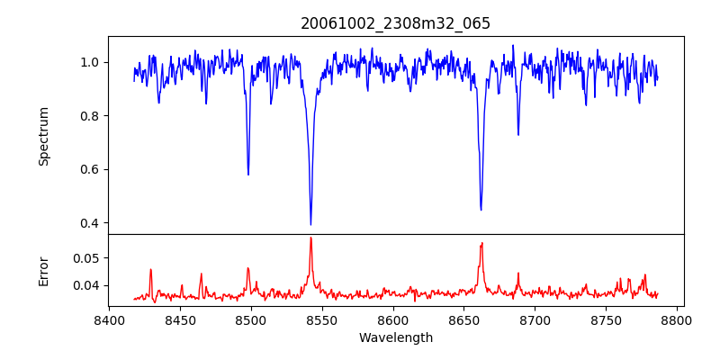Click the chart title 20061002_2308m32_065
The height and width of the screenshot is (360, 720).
(396, 23)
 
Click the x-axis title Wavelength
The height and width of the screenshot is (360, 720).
(396, 338)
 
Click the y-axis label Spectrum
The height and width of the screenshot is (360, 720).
(44, 136)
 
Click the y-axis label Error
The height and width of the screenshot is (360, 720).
(44, 271)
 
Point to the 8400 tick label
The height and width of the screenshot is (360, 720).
(109, 320)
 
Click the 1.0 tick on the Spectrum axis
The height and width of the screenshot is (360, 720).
(90, 62)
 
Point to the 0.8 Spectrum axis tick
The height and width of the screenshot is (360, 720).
(90, 116)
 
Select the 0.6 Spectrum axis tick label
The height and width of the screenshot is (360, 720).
(90, 169)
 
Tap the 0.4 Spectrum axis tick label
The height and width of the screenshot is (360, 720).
(90, 223)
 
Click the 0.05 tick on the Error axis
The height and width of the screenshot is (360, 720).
(86, 257)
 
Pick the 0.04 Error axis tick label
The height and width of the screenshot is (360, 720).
(86, 285)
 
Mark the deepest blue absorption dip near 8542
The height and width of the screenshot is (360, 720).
(310, 224)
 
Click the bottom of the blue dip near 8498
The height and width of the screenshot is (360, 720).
(248, 175)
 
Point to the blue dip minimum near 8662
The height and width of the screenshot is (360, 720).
(481, 210)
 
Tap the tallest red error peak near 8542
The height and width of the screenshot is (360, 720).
(310, 238)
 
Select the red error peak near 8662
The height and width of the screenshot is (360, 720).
(481, 243)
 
